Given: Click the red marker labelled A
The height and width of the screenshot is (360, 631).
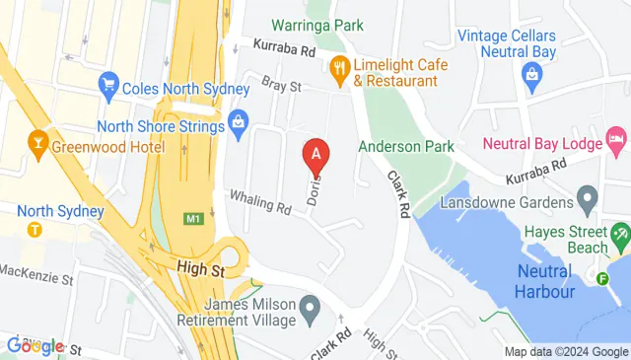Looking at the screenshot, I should (315, 155).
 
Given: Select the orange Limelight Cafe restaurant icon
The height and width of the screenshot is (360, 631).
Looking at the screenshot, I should (340, 67).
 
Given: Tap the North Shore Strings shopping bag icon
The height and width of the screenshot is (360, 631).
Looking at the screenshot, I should (237, 121).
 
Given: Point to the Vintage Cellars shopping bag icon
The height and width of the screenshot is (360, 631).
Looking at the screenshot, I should (531, 73).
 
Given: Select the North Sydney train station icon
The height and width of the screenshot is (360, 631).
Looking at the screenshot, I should (35, 229).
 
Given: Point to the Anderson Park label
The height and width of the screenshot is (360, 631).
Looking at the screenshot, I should (406, 146).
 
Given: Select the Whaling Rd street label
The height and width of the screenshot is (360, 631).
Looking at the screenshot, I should (261, 202).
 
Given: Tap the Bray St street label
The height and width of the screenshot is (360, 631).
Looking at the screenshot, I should (280, 87).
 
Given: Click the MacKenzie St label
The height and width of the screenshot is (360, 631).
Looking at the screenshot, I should (37, 269).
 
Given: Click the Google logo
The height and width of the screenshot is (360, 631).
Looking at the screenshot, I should (35, 345).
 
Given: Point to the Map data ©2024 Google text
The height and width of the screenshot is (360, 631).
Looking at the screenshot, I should (565, 352).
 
